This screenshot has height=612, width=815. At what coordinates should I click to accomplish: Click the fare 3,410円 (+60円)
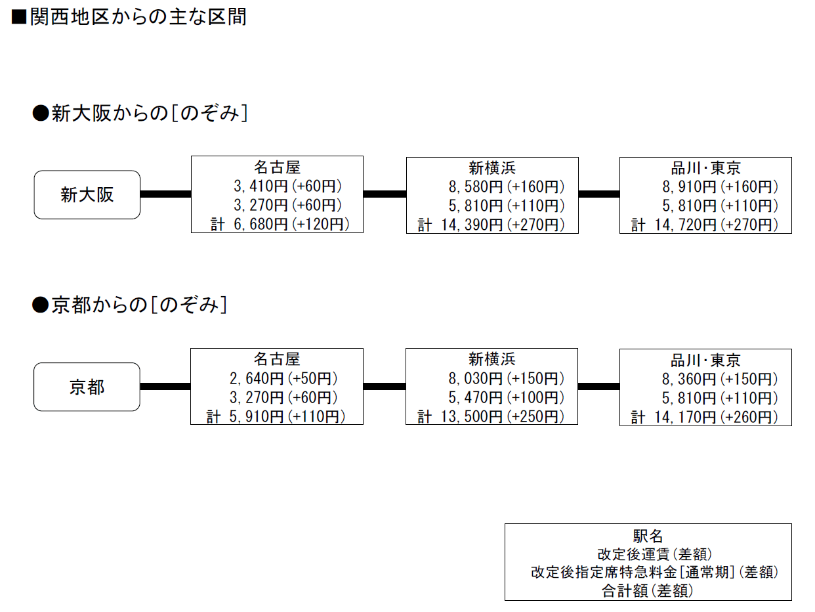[x=287, y=186]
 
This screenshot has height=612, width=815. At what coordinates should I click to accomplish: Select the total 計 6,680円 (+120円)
[x=280, y=224]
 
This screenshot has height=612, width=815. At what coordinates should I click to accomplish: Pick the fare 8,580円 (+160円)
[x=507, y=187]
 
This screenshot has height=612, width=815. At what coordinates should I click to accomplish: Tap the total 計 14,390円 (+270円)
[x=491, y=225]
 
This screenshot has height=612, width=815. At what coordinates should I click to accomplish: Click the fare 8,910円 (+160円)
[x=720, y=187]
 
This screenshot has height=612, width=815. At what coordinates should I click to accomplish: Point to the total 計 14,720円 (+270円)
[x=704, y=225]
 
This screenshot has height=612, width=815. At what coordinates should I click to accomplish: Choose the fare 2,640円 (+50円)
[x=283, y=379]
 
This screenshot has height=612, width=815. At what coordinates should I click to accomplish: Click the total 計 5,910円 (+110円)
[x=276, y=416]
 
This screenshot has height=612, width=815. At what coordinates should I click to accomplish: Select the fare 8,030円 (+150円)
[x=506, y=379]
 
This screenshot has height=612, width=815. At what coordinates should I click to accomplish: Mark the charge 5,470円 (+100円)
[x=506, y=397]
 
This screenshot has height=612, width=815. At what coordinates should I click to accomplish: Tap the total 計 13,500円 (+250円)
[x=490, y=416]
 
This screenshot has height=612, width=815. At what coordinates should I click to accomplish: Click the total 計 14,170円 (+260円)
[x=704, y=417]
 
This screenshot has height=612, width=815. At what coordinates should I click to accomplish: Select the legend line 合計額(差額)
[x=648, y=591]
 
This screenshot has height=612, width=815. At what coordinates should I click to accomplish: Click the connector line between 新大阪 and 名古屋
[x=165, y=194]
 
